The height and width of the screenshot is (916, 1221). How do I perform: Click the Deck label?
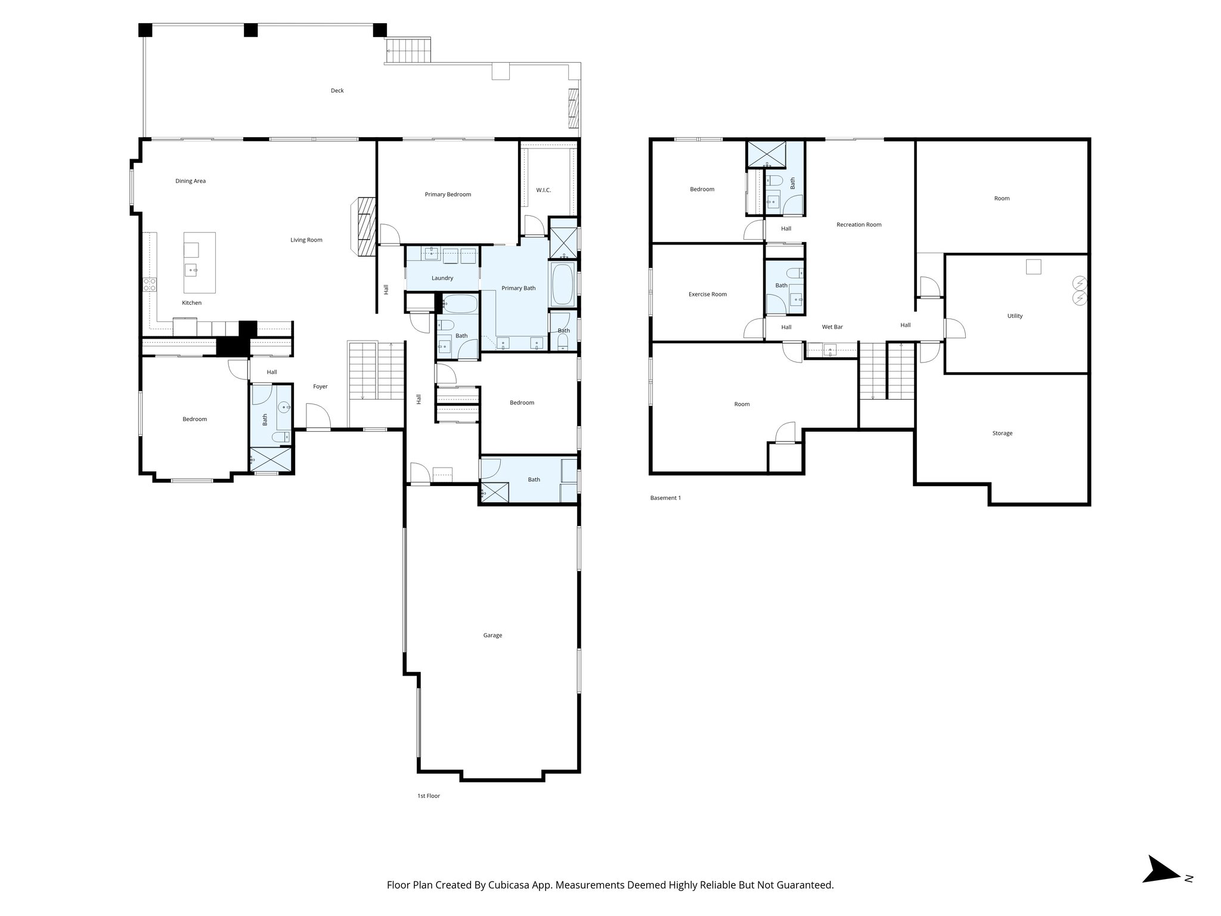[337, 91]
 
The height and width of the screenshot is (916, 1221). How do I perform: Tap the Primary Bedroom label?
[448, 194]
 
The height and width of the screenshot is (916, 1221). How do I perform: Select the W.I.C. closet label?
[543, 190]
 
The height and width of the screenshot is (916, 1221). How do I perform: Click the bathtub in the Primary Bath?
[563, 285]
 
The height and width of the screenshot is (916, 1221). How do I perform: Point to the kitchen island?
[199, 262]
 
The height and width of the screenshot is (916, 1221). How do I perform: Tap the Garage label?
[492, 635]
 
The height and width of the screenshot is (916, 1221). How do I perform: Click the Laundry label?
[442, 278]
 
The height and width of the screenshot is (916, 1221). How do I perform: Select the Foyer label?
[320, 386]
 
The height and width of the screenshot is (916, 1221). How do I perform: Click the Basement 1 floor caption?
[665, 498]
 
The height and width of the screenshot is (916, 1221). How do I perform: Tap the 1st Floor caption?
[429, 796]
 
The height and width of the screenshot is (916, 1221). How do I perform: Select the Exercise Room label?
[708, 294]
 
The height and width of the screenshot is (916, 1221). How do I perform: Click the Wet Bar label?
[832, 327]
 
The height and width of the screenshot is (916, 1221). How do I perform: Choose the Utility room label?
[1015, 316]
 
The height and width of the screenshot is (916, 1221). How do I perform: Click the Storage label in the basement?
[1002, 434]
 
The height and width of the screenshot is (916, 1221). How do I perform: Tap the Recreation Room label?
[859, 225]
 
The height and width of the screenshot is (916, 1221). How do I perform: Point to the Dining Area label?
[190, 181]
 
